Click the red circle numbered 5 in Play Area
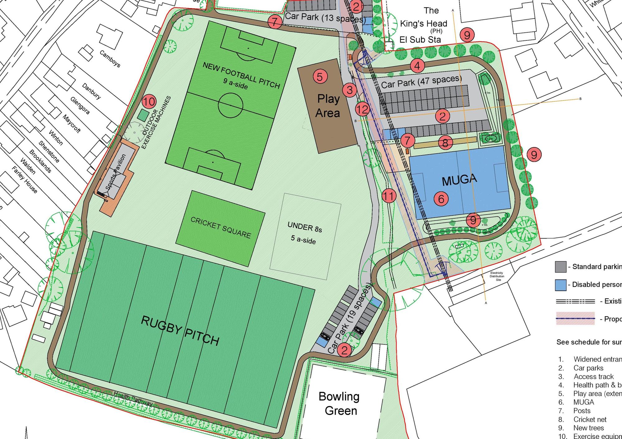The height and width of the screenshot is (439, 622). [x=320, y=76]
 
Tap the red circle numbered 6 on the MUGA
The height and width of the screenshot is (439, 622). [x=441, y=198]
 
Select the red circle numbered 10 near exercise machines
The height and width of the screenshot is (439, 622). [x=149, y=102]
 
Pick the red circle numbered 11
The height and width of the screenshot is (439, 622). [x=389, y=196]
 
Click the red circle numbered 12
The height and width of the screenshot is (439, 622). [x=362, y=109]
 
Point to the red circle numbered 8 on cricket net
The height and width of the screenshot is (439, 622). [x=445, y=143]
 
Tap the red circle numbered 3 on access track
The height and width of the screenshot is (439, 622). [x=350, y=90]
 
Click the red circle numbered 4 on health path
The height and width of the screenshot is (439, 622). [x=417, y=66]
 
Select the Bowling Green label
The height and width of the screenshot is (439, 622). [x=340, y=404]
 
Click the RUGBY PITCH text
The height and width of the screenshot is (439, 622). [x=180, y=331]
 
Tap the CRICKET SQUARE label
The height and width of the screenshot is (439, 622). [x=220, y=228]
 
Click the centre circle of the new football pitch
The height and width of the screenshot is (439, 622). [x=230, y=106]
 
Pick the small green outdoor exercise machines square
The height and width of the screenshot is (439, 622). [x=143, y=115]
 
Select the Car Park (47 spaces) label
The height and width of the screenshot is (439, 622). [x=421, y=82]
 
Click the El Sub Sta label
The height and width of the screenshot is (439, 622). [x=420, y=40]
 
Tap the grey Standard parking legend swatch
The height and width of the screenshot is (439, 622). [x=560, y=267]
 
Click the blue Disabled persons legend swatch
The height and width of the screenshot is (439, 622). [x=560, y=285]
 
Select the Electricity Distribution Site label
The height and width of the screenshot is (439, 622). [x=497, y=276]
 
